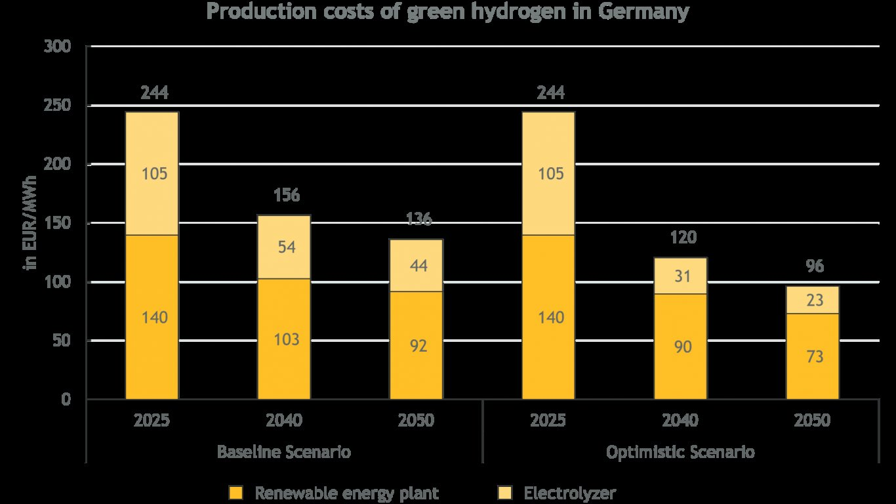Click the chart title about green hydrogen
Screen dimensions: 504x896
click(x=448, y=12)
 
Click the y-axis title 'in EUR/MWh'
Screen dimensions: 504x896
click(x=30, y=224)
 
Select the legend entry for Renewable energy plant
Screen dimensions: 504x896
click(x=346, y=492)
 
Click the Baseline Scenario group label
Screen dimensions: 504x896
click(x=283, y=452)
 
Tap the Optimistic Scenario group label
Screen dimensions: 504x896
click(x=680, y=452)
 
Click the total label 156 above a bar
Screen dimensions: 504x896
click(x=287, y=195)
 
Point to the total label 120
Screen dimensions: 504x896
click(x=683, y=238)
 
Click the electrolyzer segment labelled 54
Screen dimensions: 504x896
click(x=284, y=247)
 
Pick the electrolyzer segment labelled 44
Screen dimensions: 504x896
click(x=416, y=266)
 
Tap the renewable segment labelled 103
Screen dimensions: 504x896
click(x=284, y=339)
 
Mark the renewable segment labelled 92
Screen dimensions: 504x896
click(x=416, y=345)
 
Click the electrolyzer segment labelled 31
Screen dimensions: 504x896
click(x=680, y=276)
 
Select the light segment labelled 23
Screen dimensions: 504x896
click(x=813, y=300)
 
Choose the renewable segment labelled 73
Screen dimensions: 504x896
click(x=813, y=356)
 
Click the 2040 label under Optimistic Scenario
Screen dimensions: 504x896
click(x=680, y=420)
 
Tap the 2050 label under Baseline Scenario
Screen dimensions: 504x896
click(x=416, y=420)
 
